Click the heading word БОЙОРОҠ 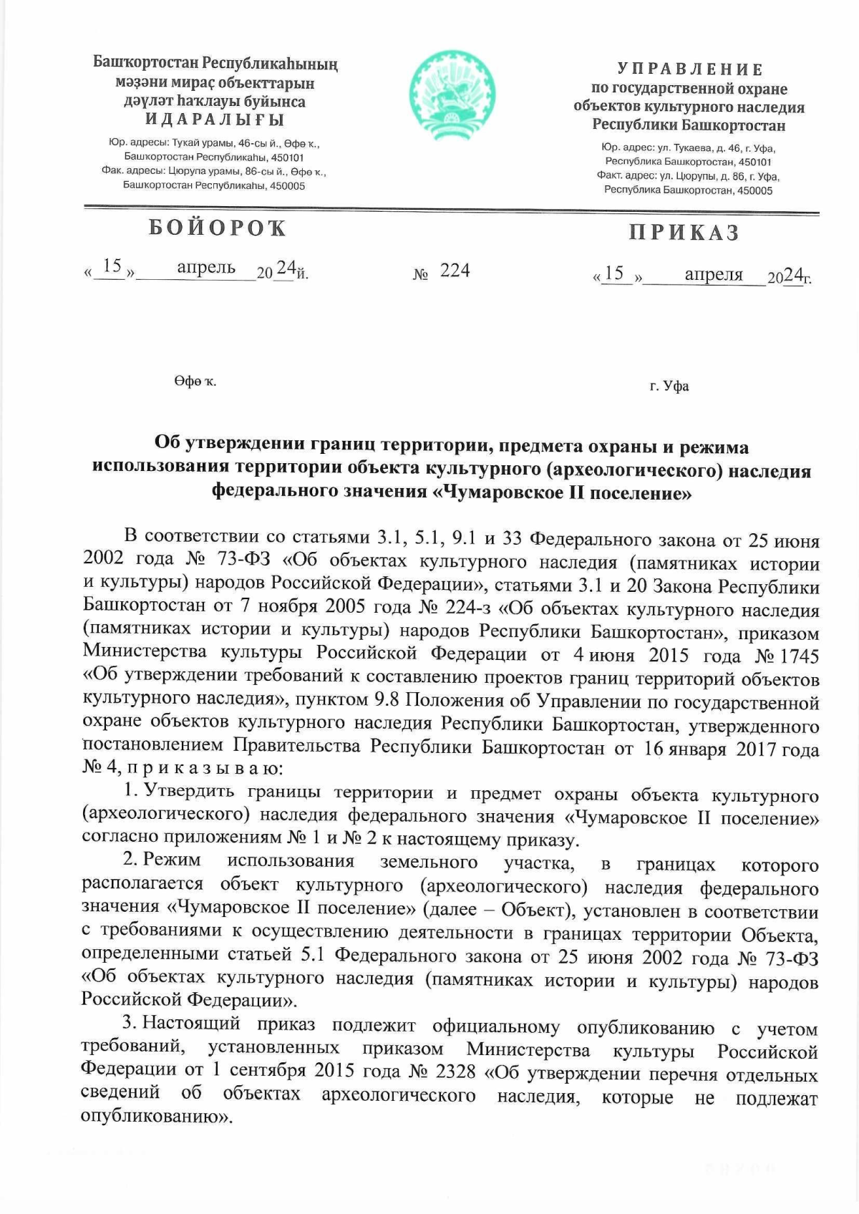click(x=217, y=228)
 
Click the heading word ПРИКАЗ click(x=684, y=233)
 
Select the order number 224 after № click(x=454, y=270)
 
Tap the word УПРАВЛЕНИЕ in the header click(x=689, y=69)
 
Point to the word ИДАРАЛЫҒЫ click(x=215, y=120)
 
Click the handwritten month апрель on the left click(x=205, y=267)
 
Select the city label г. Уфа click(x=669, y=387)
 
